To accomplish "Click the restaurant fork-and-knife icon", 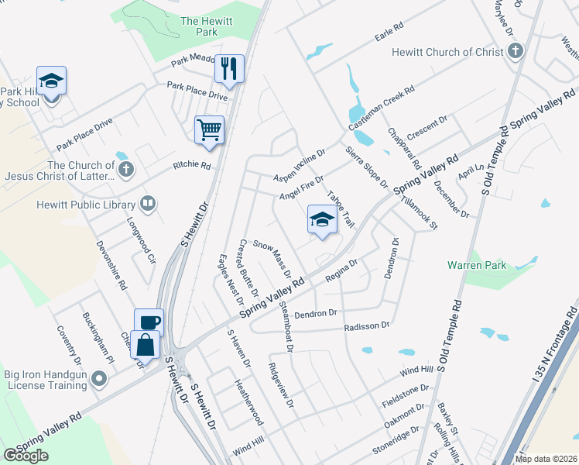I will click(229, 69).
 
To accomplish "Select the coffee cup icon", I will click(149, 322).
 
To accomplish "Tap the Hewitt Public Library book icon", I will click(147, 204).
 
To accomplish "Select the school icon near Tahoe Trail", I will click(322, 220).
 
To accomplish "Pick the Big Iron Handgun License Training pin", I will click(98, 379).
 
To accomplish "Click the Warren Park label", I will click(477, 265).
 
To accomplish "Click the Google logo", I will click(26, 456).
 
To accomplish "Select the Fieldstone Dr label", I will click(405, 396).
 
